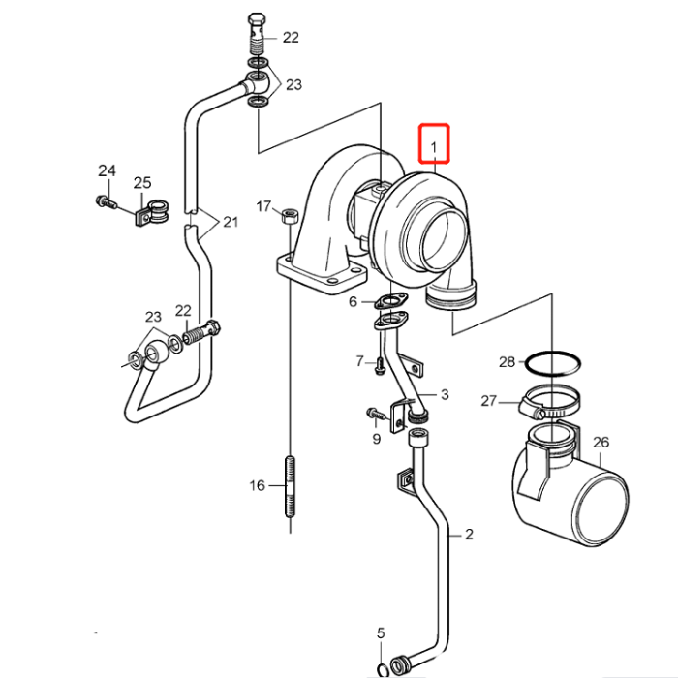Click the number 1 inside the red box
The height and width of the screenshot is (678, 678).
(435, 148)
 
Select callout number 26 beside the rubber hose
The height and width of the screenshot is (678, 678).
(601, 443)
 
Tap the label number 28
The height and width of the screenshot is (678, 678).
(508, 362)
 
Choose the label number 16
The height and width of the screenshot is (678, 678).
(257, 484)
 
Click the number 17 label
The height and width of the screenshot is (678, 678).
(263, 206)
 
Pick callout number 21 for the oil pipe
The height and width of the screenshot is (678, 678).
(230, 222)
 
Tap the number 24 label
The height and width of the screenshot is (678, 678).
(107, 171)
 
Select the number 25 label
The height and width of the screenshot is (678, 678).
(142, 182)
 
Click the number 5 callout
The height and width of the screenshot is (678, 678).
(381, 633)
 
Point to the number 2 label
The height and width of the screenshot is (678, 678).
(469, 534)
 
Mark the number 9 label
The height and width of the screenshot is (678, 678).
(376, 439)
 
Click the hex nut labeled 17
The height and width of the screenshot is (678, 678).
(289, 217)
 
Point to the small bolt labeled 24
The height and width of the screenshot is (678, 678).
(105, 202)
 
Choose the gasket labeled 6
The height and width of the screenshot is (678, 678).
(388, 302)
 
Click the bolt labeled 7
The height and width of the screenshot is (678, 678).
(380, 365)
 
